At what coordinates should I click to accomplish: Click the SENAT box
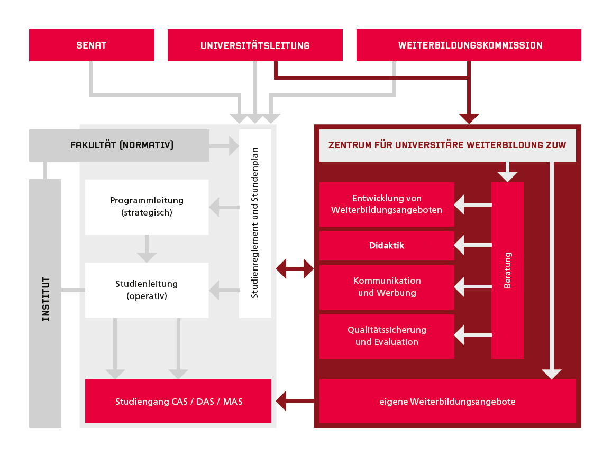point(92,45)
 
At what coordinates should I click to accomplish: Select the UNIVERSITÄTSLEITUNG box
point(255,45)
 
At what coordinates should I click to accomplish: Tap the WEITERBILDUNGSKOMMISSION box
point(469,45)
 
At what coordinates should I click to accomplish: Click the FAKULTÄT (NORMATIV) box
point(120,145)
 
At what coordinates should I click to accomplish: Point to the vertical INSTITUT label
point(45,299)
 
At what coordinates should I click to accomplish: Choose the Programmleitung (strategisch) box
point(147,207)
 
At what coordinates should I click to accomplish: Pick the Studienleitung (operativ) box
point(147,290)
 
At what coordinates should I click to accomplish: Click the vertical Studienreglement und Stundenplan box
point(255,223)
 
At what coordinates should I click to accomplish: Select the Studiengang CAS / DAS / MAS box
point(178,402)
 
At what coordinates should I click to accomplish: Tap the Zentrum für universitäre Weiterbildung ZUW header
point(447,145)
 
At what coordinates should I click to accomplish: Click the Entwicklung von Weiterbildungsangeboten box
point(387,204)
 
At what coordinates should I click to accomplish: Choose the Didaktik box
point(387,246)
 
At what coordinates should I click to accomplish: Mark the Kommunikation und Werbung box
point(387,287)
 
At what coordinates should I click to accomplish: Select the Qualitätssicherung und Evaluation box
point(387,336)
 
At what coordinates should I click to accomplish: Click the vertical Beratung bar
point(507,270)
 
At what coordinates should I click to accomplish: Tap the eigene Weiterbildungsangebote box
point(447,402)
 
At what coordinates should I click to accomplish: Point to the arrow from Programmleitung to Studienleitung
point(147,249)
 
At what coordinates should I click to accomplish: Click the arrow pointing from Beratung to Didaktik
point(472,245)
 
